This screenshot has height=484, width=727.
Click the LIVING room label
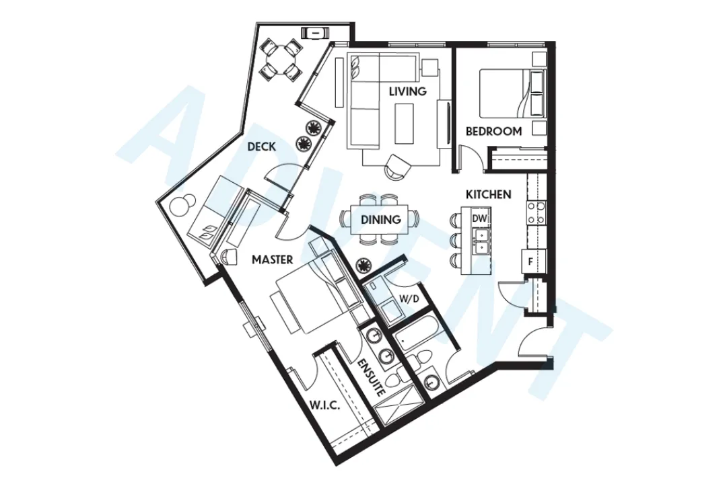[407, 91]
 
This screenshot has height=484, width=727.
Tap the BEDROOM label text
[493, 132]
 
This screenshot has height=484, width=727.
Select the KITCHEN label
[488, 195]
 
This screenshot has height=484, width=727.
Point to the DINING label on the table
[380, 220]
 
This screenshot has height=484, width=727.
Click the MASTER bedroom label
[271, 259]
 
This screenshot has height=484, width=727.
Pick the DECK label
[261, 147]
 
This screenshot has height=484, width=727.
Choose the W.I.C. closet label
[324, 406]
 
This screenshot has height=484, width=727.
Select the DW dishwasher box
[479, 219]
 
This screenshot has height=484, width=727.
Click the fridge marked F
[531, 261]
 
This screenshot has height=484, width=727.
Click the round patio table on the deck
[281, 59]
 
